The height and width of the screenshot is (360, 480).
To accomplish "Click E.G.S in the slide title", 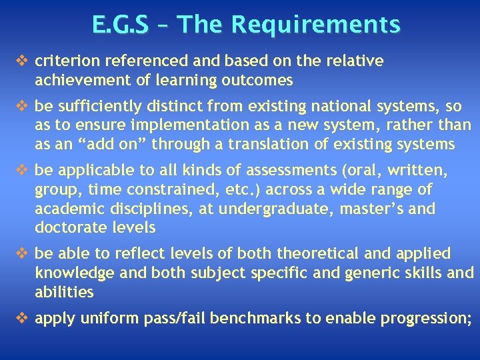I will (x=121, y=25).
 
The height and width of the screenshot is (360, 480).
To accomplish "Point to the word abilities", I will (x=64, y=293).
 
